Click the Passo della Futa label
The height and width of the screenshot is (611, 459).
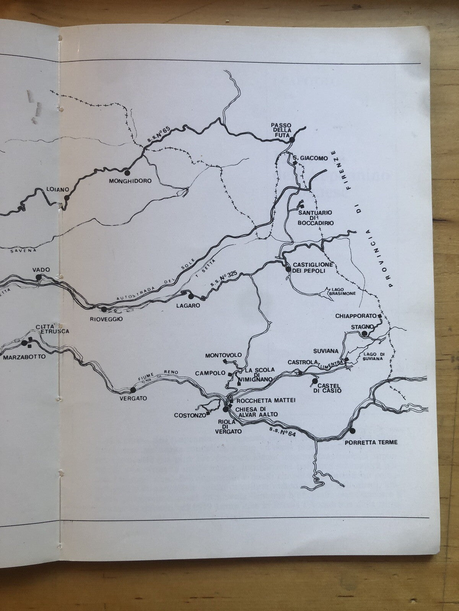281,130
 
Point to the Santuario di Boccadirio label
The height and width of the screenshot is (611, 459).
316,218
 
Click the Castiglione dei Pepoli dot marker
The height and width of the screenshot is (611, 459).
288,269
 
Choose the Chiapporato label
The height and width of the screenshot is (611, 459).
355,316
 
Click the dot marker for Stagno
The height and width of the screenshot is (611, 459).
365,334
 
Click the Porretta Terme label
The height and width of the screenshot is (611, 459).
371,442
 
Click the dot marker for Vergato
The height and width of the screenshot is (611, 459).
133,390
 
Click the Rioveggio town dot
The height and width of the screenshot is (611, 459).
103,309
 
